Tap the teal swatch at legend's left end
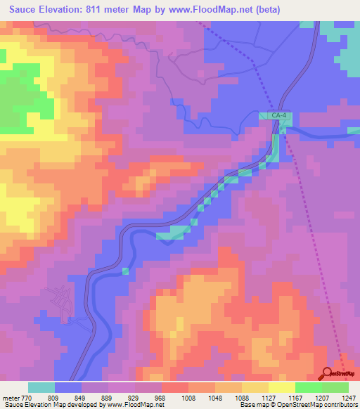41,387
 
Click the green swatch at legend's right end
335,387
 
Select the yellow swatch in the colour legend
282,387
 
